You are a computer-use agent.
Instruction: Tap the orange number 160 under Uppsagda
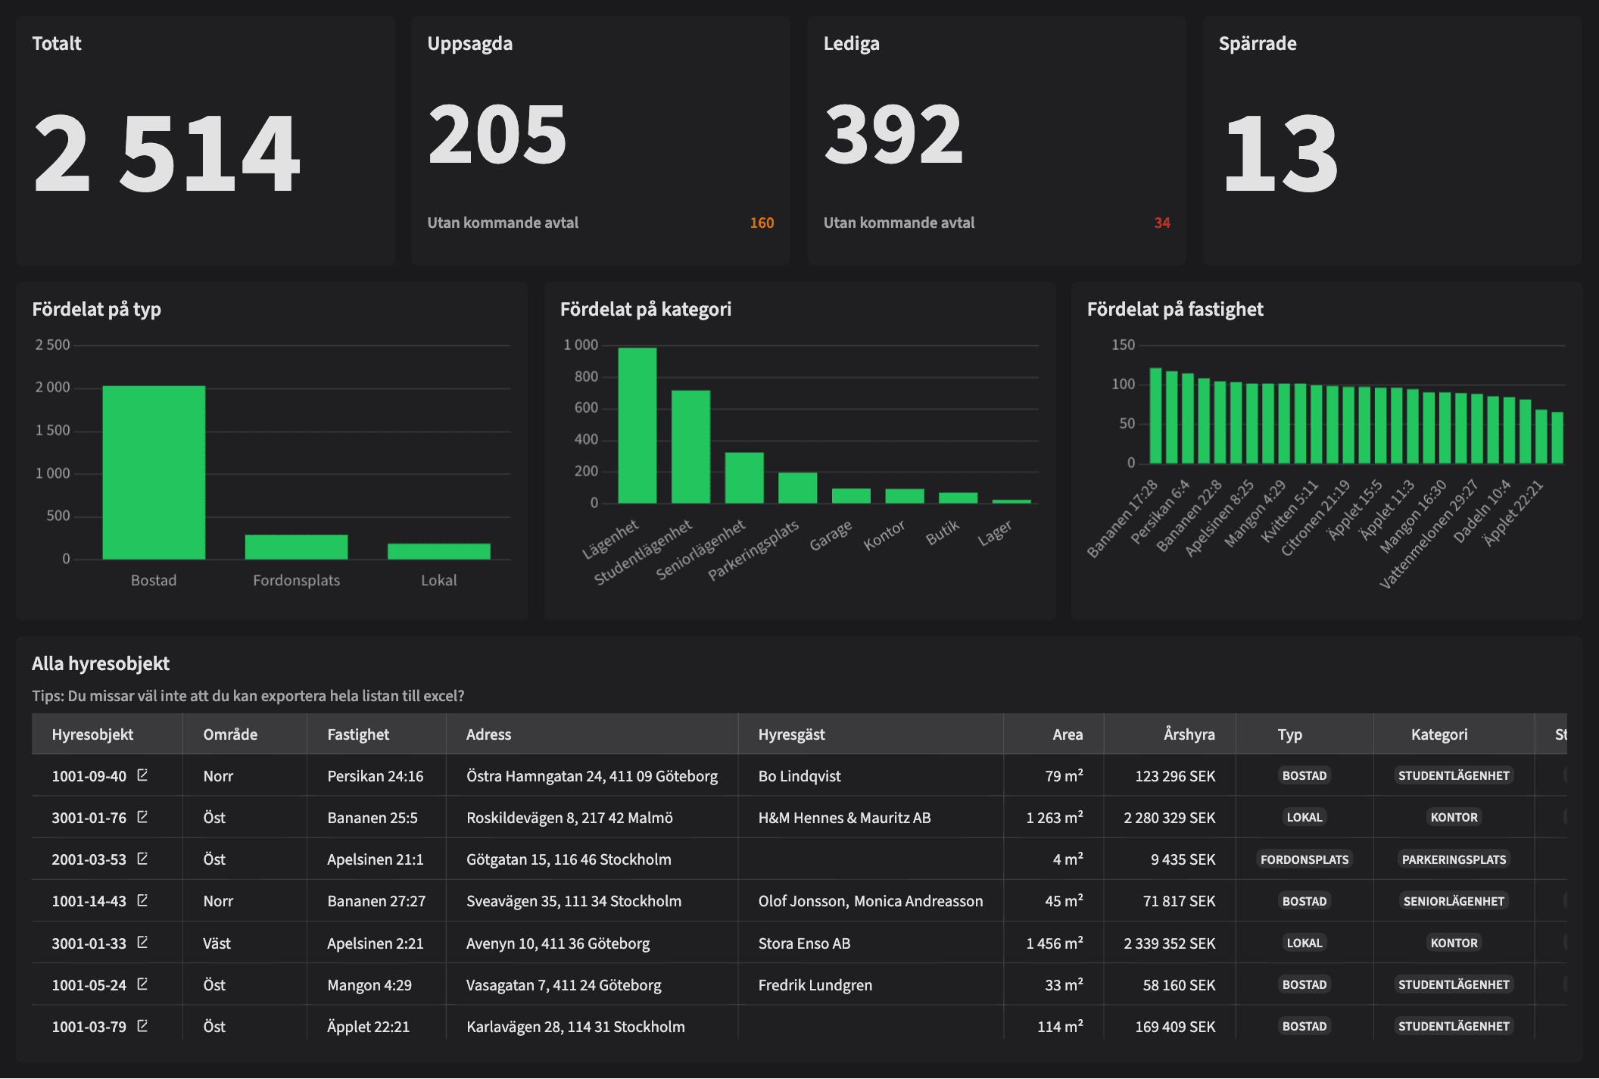[x=762, y=223]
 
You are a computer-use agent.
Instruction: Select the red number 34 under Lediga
[x=1161, y=223]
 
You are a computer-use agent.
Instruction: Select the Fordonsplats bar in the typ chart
[x=296, y=547]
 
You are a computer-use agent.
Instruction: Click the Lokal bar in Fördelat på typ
[x=438, y=551]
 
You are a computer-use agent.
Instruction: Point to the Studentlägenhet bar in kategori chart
[x=690, y=447]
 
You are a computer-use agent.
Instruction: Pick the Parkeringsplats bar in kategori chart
[x=797, y=488]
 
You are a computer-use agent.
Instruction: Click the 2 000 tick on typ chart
[x=52, y=388]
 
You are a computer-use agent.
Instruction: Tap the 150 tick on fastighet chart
[x=1123, y=345]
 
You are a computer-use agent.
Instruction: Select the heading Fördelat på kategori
[x=645, y=309]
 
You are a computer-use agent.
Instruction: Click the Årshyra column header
[x=1189, y=734]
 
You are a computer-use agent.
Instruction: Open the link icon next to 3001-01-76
[x=142, y=817]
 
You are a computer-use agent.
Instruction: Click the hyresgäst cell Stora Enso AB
[x=804, y=943]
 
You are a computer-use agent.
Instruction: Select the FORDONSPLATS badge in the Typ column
[x=1304, y=859]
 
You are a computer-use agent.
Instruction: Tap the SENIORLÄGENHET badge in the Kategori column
[x=1453, y=901]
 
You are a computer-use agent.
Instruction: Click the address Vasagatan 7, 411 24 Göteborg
[x=563, y=985]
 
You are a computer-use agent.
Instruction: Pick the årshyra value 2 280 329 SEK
[x=1169, y=818]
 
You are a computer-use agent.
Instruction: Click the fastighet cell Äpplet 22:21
[x=368, y=1027]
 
